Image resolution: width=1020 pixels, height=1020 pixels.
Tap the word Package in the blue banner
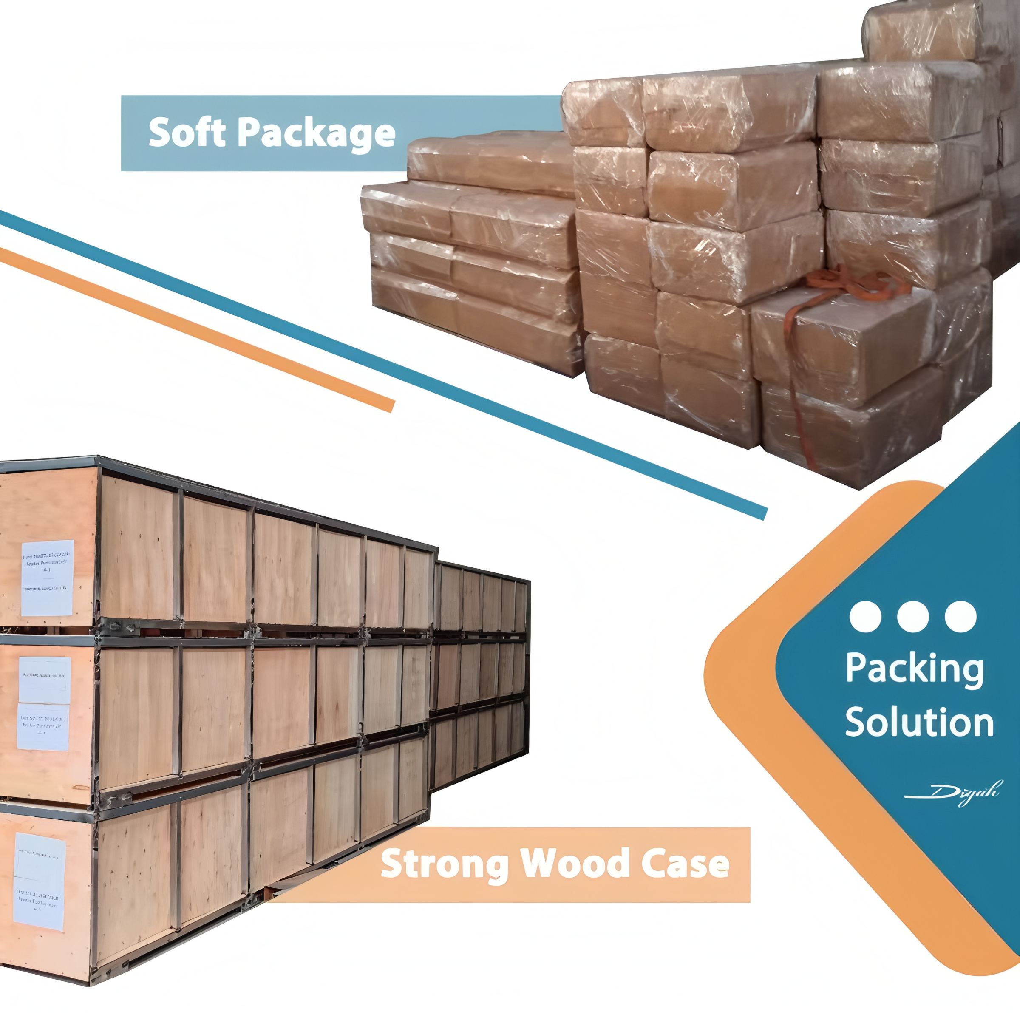coord(316,133)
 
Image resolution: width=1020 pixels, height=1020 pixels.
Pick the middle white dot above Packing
coord(913,616)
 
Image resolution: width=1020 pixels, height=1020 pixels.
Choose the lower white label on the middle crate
coord(43,726)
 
